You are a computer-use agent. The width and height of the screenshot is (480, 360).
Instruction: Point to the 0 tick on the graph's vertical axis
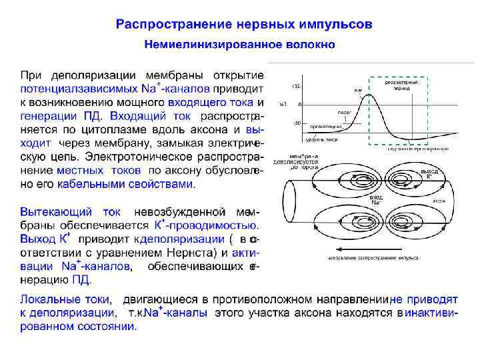coord(299,105)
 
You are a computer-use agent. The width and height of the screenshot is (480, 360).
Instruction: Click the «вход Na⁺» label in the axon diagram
coord(376,200)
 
